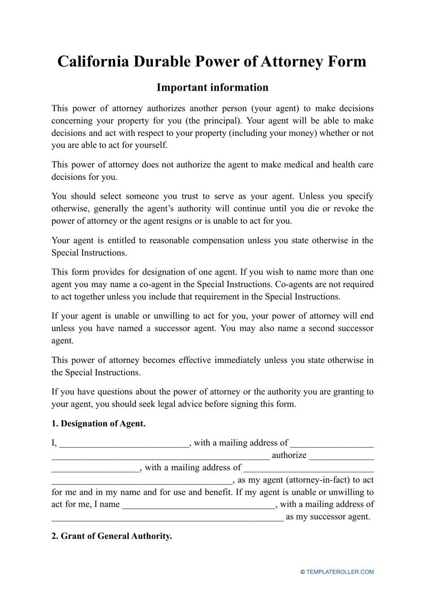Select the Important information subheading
click(x=213, y=87)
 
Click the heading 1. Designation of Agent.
click(x=98, y=423)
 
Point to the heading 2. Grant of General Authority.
click(x=112, y=536)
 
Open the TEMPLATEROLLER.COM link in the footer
click(x=340, y=572)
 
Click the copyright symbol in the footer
click(x=303, y=572)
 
